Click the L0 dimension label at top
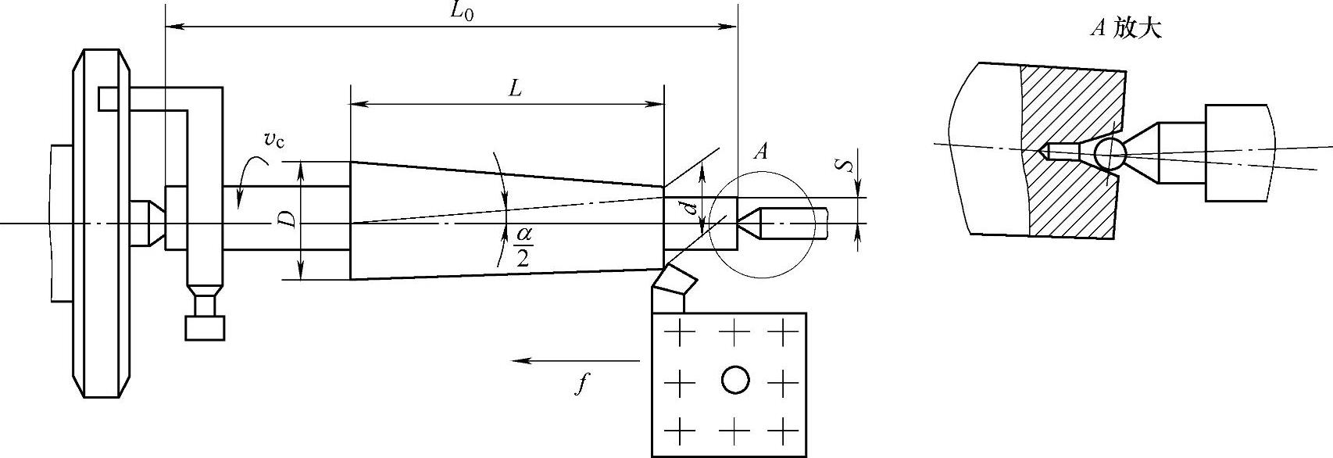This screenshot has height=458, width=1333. (x=461, y=12)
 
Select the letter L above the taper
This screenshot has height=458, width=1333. (x=516, y=89)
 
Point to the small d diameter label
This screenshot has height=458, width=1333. (x=690, y=209)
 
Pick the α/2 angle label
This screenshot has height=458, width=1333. (x=523, y=246)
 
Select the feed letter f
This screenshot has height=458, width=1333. (x=582, y=384)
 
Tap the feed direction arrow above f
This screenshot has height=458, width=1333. (x=577, y=360)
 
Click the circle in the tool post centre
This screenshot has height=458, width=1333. (x=735, y=379)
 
